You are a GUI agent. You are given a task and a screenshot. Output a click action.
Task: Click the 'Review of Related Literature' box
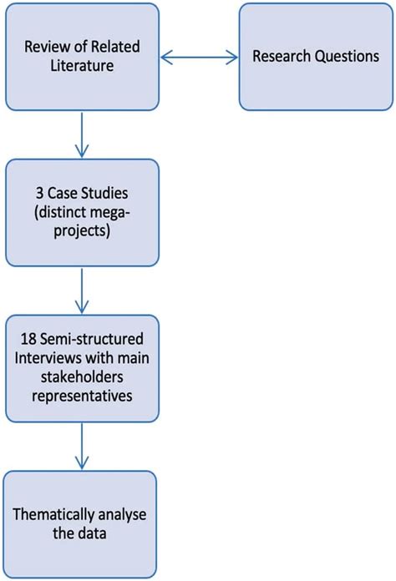click(81, 57)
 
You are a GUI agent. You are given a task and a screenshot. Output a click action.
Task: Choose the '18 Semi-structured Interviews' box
click(81, 367)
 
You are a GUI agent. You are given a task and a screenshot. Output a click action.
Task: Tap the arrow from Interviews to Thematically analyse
click(81, 446)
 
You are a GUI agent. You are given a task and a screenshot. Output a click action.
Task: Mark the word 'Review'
click(43, 48)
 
